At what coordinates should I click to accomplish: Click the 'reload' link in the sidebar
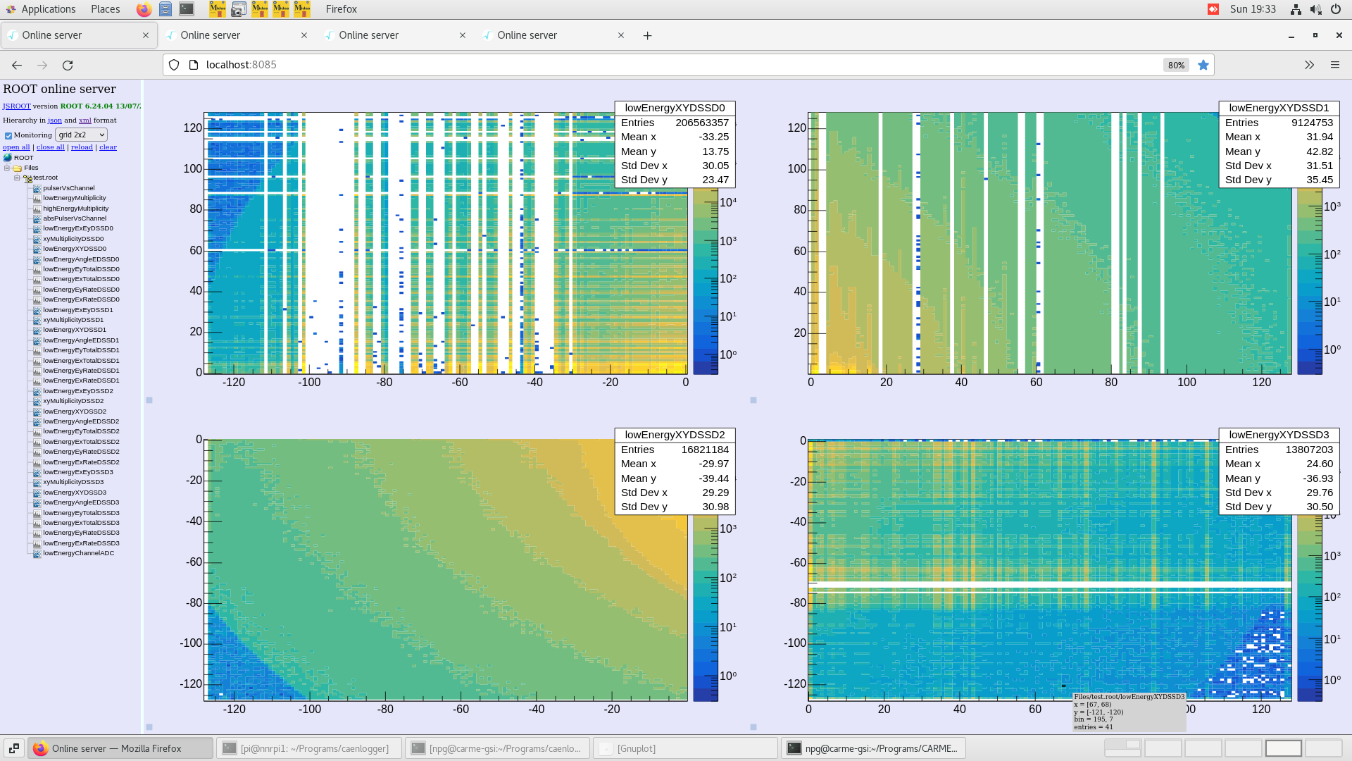(82, 147)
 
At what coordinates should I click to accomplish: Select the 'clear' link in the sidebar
(108, 147)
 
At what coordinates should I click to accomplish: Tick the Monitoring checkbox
(8, 135)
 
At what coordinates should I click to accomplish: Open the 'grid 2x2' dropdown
(81, 135)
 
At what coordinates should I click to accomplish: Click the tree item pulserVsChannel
(68, 188)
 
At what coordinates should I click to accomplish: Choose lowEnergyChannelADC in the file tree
(78, 553)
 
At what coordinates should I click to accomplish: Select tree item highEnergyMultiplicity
(75, 209)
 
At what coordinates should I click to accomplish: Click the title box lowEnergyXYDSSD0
(675, 108)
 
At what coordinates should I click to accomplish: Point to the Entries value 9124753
(1312, 123)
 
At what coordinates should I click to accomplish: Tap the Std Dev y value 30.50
(1319, 507)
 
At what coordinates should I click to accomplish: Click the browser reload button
(68, 65)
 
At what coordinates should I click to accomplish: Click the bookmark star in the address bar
(1203, 65)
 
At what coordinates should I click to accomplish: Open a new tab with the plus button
(647, 35)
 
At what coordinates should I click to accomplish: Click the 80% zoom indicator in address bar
(1176, 65)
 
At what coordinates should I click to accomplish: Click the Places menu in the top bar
(105, 9)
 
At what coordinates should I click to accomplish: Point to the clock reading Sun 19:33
(1253, 9)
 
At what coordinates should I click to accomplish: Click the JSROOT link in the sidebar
(16, 106)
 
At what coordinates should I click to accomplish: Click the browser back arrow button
(17, 65)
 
